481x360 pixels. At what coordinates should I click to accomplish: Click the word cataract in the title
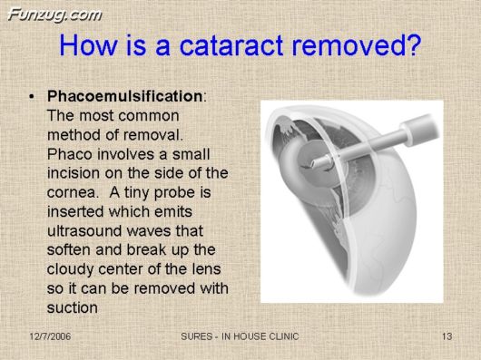(240, 45)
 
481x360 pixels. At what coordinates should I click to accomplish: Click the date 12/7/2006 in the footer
(49, 337)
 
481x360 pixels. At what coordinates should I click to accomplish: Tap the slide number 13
(446, 337)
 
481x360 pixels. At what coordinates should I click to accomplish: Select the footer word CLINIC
(278, 337)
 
